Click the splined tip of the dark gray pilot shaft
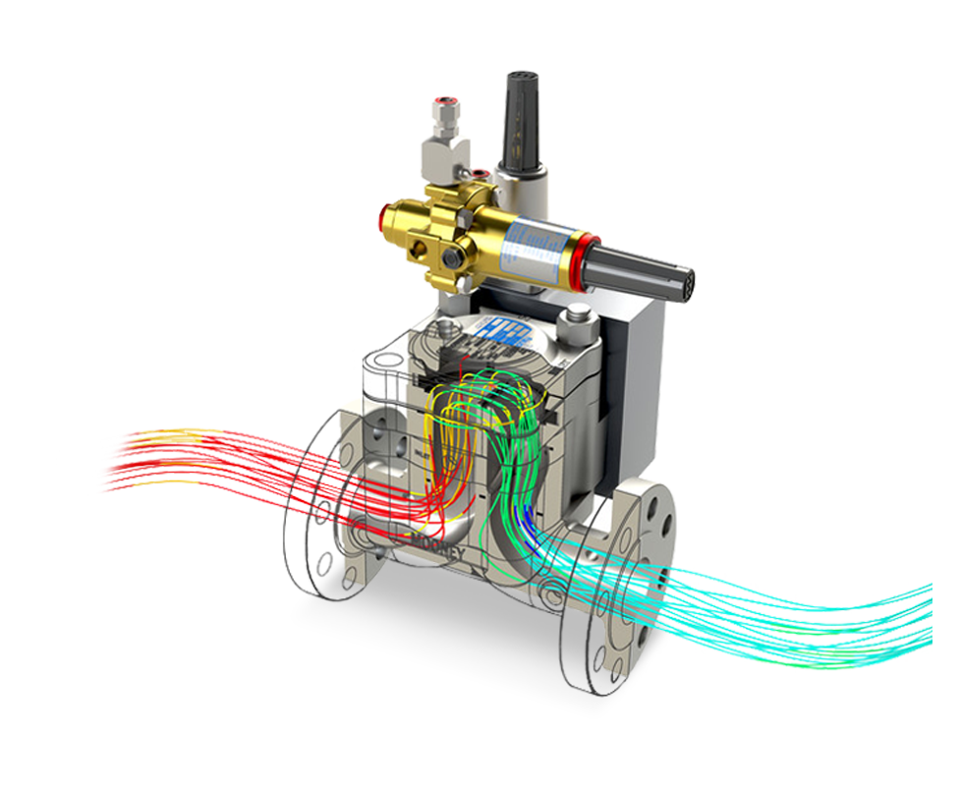pos(687,285)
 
